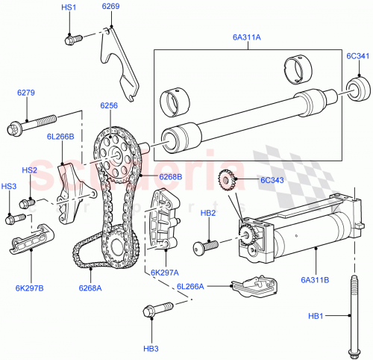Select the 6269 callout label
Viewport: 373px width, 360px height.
(110, 7)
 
